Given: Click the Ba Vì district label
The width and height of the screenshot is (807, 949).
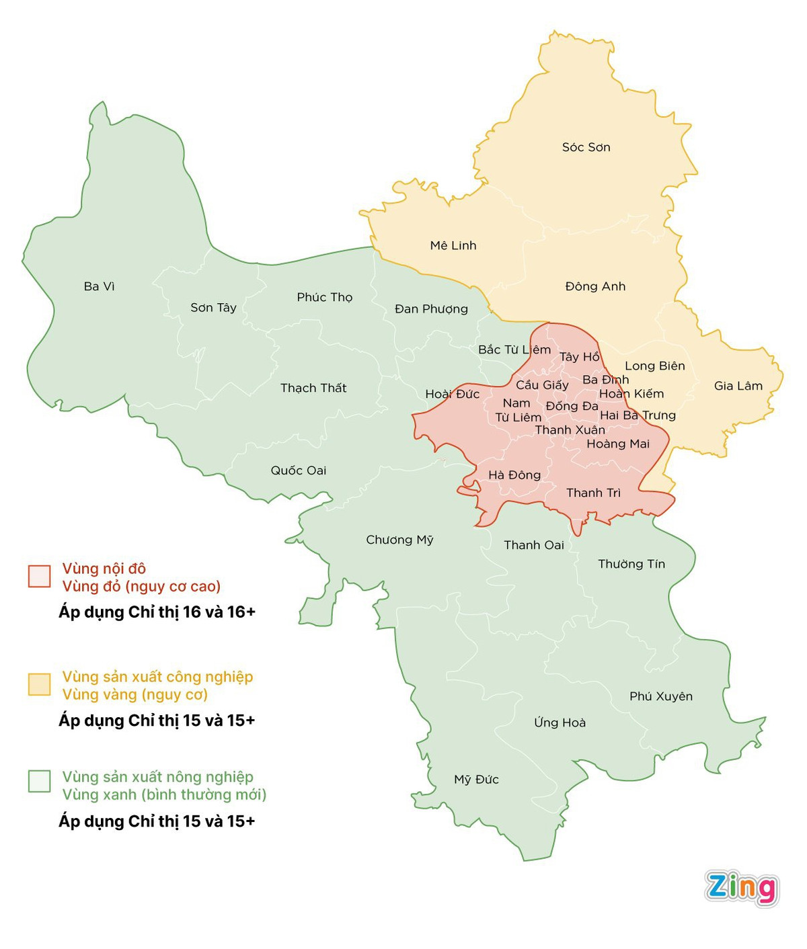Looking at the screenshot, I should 99,286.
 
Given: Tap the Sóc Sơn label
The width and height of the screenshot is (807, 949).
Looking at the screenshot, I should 586,147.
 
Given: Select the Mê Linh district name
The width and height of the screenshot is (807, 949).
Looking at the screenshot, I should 453,245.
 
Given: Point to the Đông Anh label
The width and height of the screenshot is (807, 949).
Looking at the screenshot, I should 595,286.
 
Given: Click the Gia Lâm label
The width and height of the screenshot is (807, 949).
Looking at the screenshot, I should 738,386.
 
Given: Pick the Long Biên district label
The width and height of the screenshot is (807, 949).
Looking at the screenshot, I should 654,366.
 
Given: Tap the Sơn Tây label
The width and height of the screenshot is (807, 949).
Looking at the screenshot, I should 213,308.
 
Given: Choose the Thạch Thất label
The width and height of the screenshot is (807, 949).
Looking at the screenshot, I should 313,388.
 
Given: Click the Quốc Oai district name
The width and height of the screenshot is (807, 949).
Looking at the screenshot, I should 298,470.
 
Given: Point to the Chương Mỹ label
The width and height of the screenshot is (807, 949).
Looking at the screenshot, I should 399,540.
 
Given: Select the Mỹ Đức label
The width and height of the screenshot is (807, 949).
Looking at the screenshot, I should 476,780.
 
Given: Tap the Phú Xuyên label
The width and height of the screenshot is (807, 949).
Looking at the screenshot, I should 660,696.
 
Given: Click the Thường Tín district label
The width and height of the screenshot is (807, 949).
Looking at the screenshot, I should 631,564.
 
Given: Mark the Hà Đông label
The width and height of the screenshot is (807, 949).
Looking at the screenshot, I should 514,475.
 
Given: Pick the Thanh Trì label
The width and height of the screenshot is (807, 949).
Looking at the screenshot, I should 593,493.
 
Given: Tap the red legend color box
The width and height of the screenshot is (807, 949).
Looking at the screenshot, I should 40,577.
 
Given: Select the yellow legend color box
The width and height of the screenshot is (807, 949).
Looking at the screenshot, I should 40,684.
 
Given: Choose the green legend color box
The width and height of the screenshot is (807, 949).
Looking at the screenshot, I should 40,782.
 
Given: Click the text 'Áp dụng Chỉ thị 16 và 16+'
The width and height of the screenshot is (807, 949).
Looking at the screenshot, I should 157,612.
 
